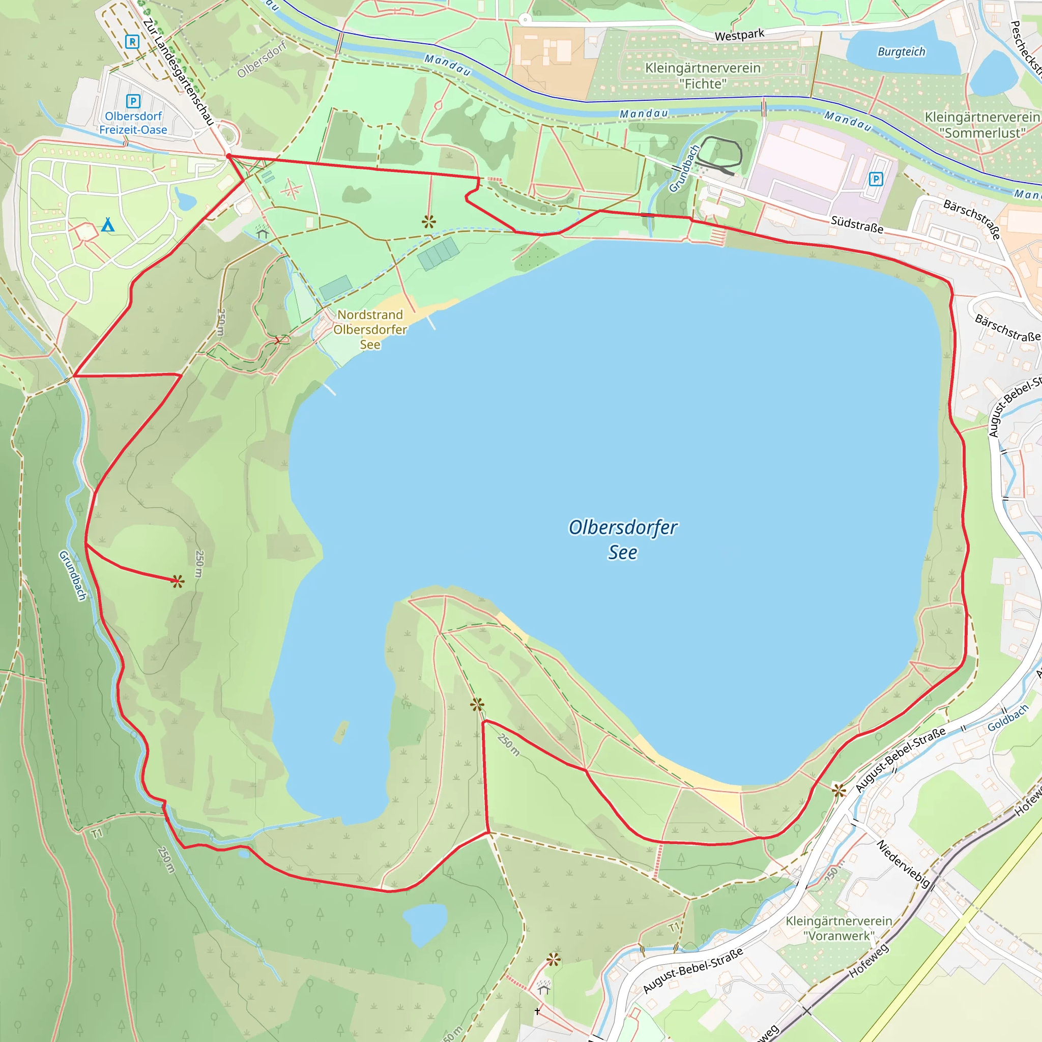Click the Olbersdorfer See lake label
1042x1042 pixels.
click(x=623, y=539)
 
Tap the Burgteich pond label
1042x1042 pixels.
click(x=901, y=52)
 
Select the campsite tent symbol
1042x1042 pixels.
click(x=108, y=224)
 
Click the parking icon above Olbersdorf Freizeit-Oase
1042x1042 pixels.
click(x=133, y=101)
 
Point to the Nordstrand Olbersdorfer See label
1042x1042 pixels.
click(x=370, y=330)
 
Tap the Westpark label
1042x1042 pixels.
click(x=739, y=36)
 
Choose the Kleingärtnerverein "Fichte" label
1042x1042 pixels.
click(x=703, y=76)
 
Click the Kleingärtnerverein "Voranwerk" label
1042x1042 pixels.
click(x=838, y=928)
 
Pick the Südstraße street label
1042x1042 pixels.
click(x=857, y=224)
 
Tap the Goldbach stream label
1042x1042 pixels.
click(x=1008, y=718)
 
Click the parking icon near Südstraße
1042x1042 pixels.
click(x=876, y=179)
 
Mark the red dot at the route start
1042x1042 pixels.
click(x=228, y=156)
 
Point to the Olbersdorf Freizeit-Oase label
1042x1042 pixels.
click(x=133, y=123)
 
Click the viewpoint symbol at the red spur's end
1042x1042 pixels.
click(x=178, y=582)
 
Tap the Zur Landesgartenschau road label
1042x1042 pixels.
click(x=179, y=72)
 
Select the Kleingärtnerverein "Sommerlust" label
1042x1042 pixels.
click(x=982, y=125)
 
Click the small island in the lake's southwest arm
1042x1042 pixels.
click(x=341, y=731)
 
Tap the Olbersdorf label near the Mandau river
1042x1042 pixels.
click(x=262, y=59)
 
